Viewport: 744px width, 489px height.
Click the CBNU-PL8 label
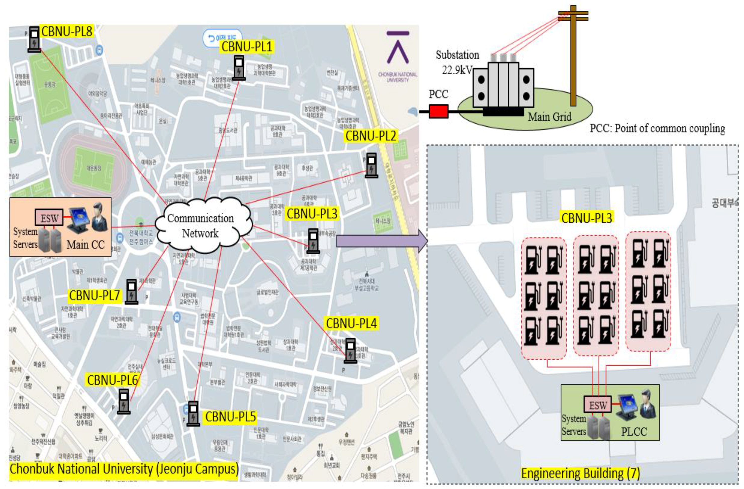coord(67,32)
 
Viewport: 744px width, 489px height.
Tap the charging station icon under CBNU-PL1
coord(239,68)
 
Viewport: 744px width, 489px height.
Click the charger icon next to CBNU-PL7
coord(131,291)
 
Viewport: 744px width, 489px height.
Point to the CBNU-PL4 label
coord(351,323)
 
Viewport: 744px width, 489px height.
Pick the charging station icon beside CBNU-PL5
coord(193,414)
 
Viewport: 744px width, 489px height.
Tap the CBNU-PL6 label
coord(112,380)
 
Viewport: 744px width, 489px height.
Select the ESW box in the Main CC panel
coord(49,218)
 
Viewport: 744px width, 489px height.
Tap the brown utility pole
coord(573,56)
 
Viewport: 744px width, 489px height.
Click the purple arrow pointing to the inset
coord(381,241)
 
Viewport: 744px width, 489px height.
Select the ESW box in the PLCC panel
coord(597,405)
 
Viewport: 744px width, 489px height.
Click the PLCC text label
coord(634,431)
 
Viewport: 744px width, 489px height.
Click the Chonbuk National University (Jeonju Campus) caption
coord(124,469)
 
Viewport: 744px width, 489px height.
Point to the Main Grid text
coord(549,117)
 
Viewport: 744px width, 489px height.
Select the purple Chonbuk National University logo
coord(398,47)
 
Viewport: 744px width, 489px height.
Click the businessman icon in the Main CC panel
coord(99,217)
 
